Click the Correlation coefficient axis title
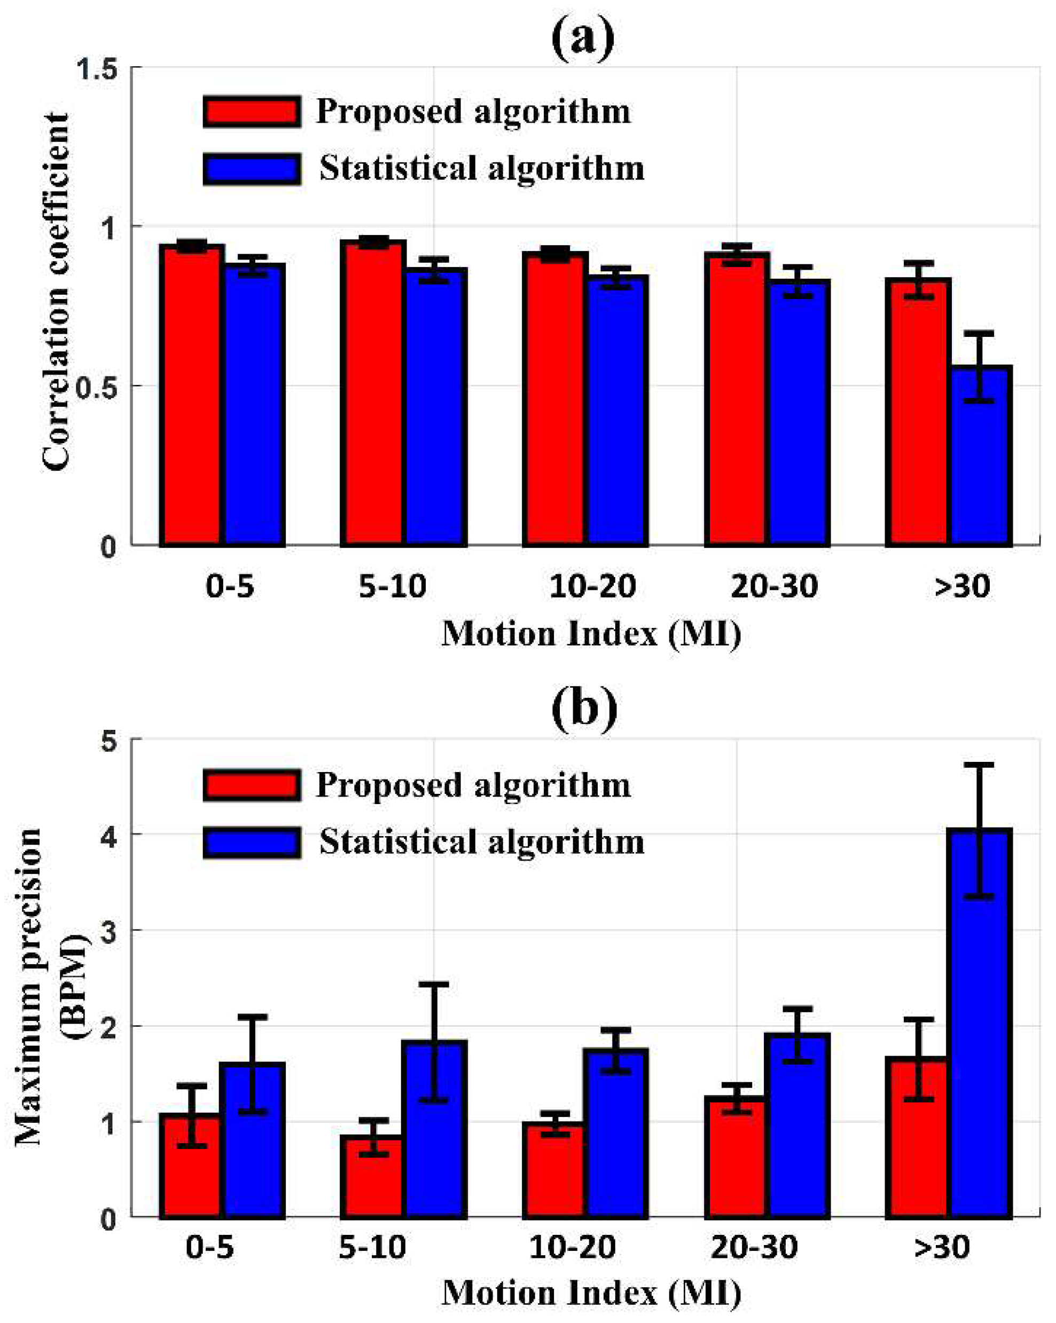pos(57,292)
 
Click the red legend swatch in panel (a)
pos(252,112)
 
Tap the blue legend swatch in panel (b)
pos(252,842)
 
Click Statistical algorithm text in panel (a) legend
pos(482,168)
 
